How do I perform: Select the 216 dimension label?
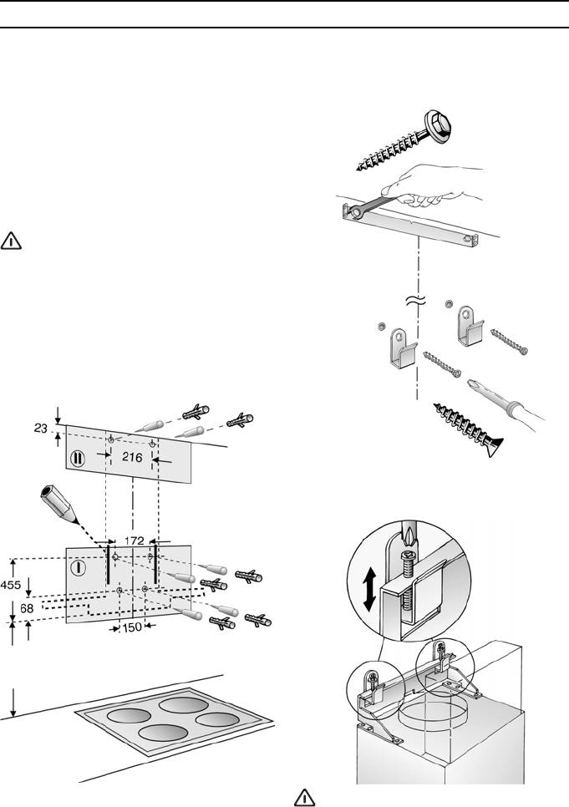tap(132, 456)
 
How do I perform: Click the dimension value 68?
tap(27, 610)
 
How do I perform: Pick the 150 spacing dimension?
tap(130, 628)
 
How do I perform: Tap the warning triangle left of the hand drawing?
tap(12, 241)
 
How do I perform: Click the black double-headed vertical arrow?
tap(368, 591)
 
